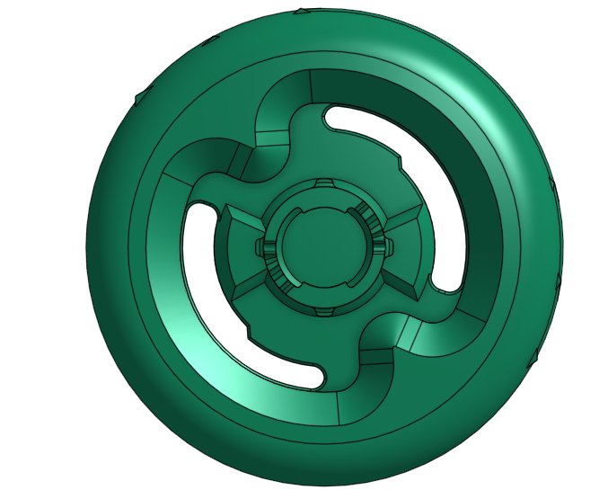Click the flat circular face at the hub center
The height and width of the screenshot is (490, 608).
coord(321,245)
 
